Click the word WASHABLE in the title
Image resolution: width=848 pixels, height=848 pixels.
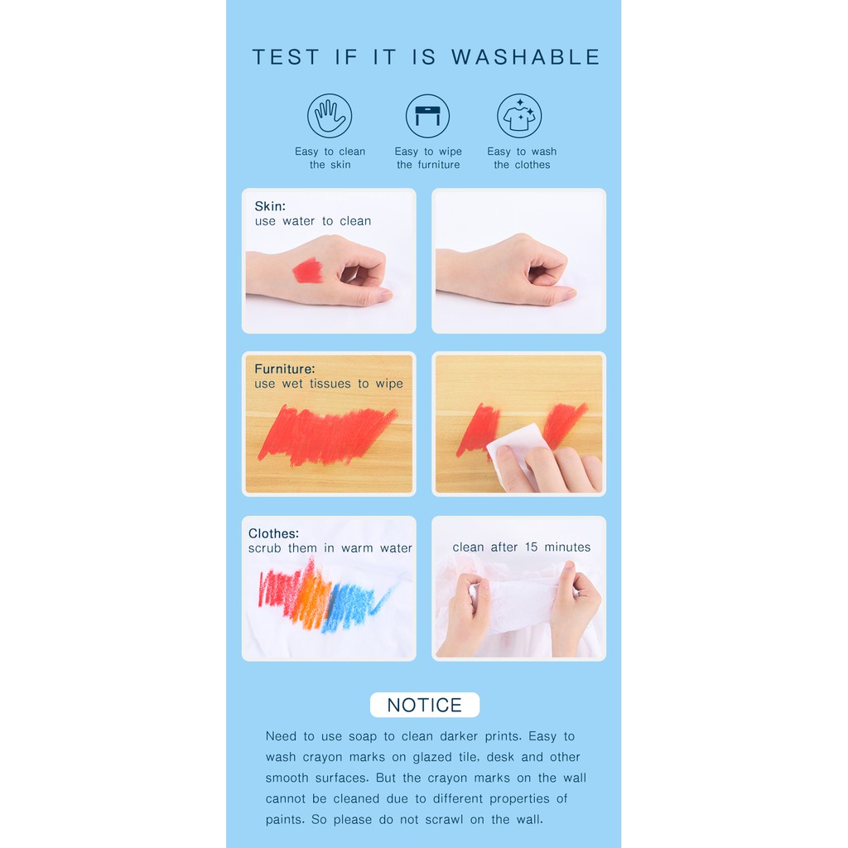click(x=526, y=57)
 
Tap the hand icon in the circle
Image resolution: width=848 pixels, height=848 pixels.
click(x=330, y=116)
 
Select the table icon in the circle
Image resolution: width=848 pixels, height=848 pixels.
click(x=427, y=116)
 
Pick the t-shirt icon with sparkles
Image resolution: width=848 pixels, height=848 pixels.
click(x=519, y=116)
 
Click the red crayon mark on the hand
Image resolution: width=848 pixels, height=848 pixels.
click(x=308, y=271)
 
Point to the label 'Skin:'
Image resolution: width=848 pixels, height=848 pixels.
click(x=270, y=206)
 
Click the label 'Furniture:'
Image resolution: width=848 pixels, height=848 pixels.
click(x=285, y=369)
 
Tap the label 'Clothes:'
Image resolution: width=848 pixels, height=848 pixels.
click(x=273, y=533)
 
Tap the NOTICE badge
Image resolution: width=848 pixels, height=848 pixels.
click(x=425, y=705)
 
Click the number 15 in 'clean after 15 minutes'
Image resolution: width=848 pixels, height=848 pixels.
click(x=531, y=547)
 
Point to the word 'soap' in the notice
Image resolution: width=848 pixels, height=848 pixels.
click(x=363, y=736)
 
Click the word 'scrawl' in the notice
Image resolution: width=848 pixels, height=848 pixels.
click(x=444, y=820)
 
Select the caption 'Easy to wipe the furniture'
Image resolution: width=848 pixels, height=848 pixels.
click(x=428, y=158)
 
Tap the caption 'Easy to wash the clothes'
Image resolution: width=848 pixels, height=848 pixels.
click(x=522, y=158)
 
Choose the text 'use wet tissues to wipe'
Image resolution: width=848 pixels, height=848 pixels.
click(x=329, y=384)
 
